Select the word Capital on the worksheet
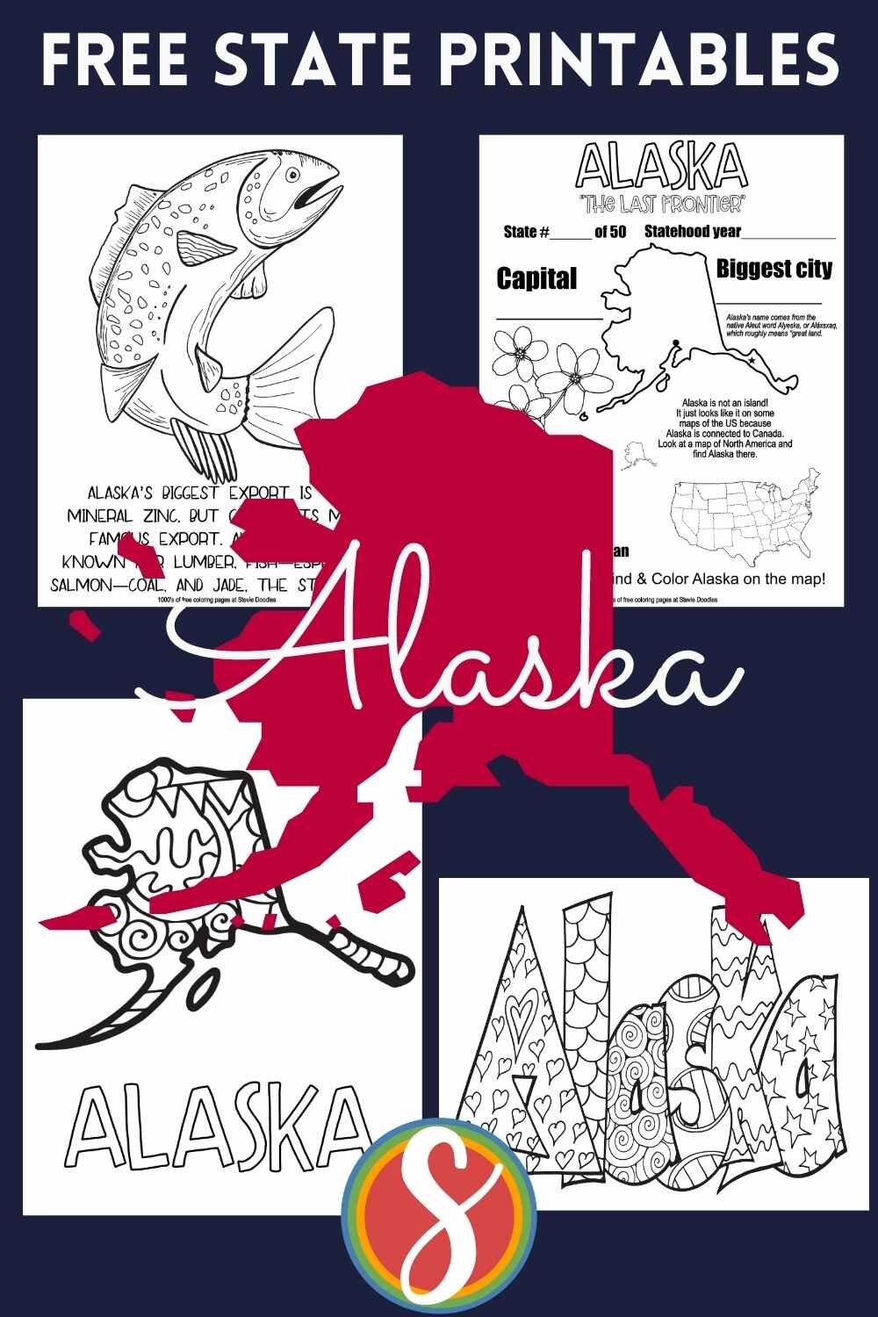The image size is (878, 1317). point(536,278)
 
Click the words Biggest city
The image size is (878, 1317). point(774,268)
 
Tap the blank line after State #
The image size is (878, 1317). point(572,236)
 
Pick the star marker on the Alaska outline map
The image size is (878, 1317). point(752,360)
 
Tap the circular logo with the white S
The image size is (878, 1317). point(438,1220)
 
